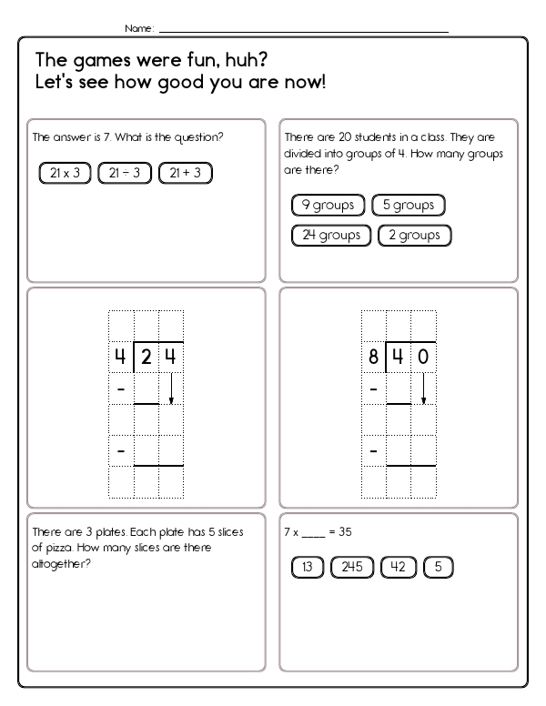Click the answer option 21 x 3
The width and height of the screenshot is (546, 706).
pyautogui.click(x=65, y=173)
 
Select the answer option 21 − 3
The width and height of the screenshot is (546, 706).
pyautogui.click(x=124, y=173)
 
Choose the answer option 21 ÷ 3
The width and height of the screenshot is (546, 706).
pyautogui.click(x=185, y=173)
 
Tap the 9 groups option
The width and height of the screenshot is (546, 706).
pyautogui.click(x=328, y=205)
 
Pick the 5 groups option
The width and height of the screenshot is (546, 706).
pyautogui.click(x=409, y=205)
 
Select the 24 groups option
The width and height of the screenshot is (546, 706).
pyautogui.click(x=331, y=235)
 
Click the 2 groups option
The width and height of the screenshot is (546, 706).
pyautogui.click(x=414, y=235)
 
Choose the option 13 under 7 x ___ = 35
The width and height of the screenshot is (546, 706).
pyautogui.click(x=308, y=568)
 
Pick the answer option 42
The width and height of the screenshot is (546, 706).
pyautogui.click(x=398, y=568)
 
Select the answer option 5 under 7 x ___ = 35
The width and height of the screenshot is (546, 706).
pyautogui.click(x=439, y=568)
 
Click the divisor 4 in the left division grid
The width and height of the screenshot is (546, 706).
pyautogui.click(x=120, y=358)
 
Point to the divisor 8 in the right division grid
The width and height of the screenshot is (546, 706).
pyautogui.click(x=373, y=358)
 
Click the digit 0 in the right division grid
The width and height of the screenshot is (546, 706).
pyautogui.click(x=423, y=358)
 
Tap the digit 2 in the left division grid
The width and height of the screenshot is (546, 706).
pyautogui.click(x=147, y=358)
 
